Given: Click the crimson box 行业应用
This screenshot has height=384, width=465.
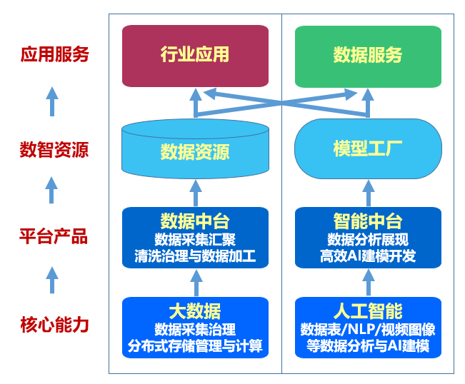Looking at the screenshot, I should pyautogui.click(x=195, y=56).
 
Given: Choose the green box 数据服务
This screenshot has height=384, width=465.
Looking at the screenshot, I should pyautogui.click(x=368, y=56).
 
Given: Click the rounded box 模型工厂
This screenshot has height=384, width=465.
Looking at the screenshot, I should pyautogui.click(x=368, y=148).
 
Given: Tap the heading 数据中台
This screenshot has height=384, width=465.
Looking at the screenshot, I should pyautogui.click(x=195, y=220).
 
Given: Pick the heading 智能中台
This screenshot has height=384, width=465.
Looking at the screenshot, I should pyautogui.click(x=368, y=220).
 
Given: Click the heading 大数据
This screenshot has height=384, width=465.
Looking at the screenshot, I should pyautogui.click(x=195, y=311).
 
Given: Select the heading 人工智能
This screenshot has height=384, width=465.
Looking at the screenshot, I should pyautogui.click(x=368, y=311).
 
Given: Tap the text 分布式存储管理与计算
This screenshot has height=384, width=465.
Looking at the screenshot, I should pyautogui.click(x=195, y=348).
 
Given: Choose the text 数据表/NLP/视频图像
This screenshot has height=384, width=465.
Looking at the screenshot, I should pyautogui.click(x=368, y=330).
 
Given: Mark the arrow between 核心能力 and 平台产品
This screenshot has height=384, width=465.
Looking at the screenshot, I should pyautogui.click(x=51, y=279).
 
